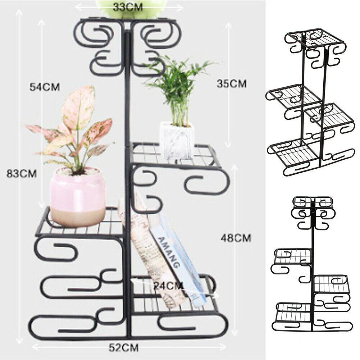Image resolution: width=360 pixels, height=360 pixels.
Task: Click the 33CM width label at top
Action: pyautogui.click(x=128, y=7)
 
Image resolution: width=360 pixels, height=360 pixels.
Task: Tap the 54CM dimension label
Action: pyautogui.click(x=45, y=87)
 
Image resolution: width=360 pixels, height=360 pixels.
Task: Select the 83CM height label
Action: pyautogui.click(x=22, y=174)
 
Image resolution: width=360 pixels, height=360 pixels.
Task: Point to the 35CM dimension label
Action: pyautogui.click(x=232, y=84)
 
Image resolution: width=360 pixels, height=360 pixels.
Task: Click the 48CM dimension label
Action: pyautogui.click(x=236, y=238)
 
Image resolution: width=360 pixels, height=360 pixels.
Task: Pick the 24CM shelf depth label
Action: pyautogui.click(x=169, y=286)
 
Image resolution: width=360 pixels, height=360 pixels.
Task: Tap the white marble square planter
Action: pyautogui.click(x=177, y=140)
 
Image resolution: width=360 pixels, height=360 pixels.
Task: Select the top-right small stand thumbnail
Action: pyautogui.click(x=310, y=102)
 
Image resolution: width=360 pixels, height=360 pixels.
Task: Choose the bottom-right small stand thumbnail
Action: pyautogui.click(x=312, y=264)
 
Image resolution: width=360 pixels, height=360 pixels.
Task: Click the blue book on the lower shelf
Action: pyautogui.click(x=179, y=259)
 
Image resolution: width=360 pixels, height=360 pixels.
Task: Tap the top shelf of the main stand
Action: pyautogui.click(x=128, y=20)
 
